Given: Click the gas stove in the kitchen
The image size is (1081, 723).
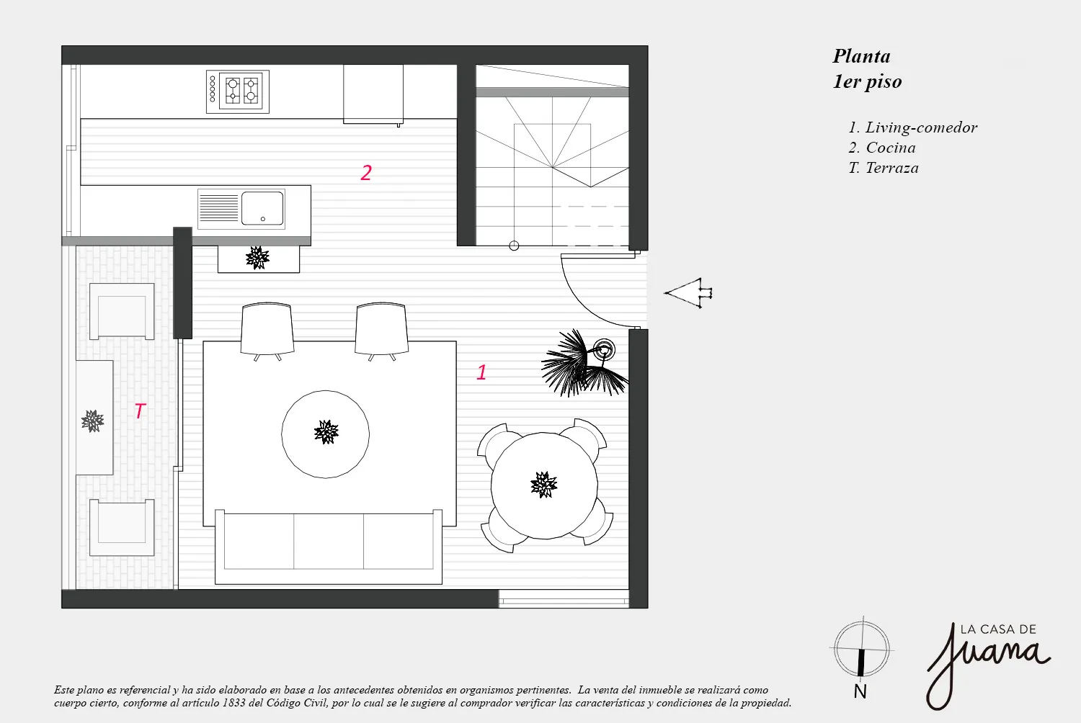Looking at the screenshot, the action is click(x=237, y=91).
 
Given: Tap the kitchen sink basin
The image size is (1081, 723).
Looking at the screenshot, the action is click(x=262, y=208).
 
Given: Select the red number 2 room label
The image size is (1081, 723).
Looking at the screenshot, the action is click(x=366, y=173).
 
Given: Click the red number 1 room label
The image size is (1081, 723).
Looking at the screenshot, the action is click(x=481, y=372).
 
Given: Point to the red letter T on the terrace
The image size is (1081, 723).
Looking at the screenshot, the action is click(x=140, y=411).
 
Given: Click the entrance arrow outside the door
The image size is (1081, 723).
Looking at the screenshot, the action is click(x=688, y=293).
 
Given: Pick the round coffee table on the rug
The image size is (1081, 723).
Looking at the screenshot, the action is click(x=325, y=434).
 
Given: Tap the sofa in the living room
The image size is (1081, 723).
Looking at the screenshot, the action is click(x=328, y=547).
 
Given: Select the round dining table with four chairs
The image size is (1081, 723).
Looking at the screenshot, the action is click(x=544, y=485).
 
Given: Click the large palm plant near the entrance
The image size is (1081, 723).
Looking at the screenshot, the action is click(x=584, y=363).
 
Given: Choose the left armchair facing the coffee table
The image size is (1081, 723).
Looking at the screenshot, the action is click(x=267, y=331).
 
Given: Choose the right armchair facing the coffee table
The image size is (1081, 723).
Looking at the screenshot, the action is click(x=381, y=331).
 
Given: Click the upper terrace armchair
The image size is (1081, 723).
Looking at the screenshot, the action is click(x=122, y=311).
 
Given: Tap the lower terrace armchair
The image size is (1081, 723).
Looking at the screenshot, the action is click(x=122, y=528).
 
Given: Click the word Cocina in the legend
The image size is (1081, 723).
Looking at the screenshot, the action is click(x=890, y=148).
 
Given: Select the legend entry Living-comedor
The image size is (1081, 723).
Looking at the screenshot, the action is click(x=913, y=127).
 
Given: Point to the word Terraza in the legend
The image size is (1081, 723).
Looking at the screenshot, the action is click(x=892, y=168).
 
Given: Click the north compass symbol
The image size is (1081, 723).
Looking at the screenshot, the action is click(x=861, y=649).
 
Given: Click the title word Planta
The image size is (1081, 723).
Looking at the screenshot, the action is click(x=861, y=57).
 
